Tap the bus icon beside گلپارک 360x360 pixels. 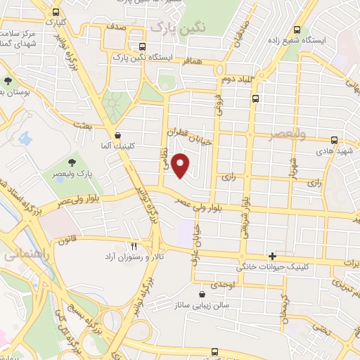[x=56, y=12]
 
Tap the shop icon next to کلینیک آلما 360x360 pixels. [x=117, y=135]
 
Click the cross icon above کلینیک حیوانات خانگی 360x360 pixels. [x=271, y=255]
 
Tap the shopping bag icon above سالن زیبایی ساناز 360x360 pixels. [x=202, y=294]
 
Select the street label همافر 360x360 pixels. [x=195, y=62]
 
